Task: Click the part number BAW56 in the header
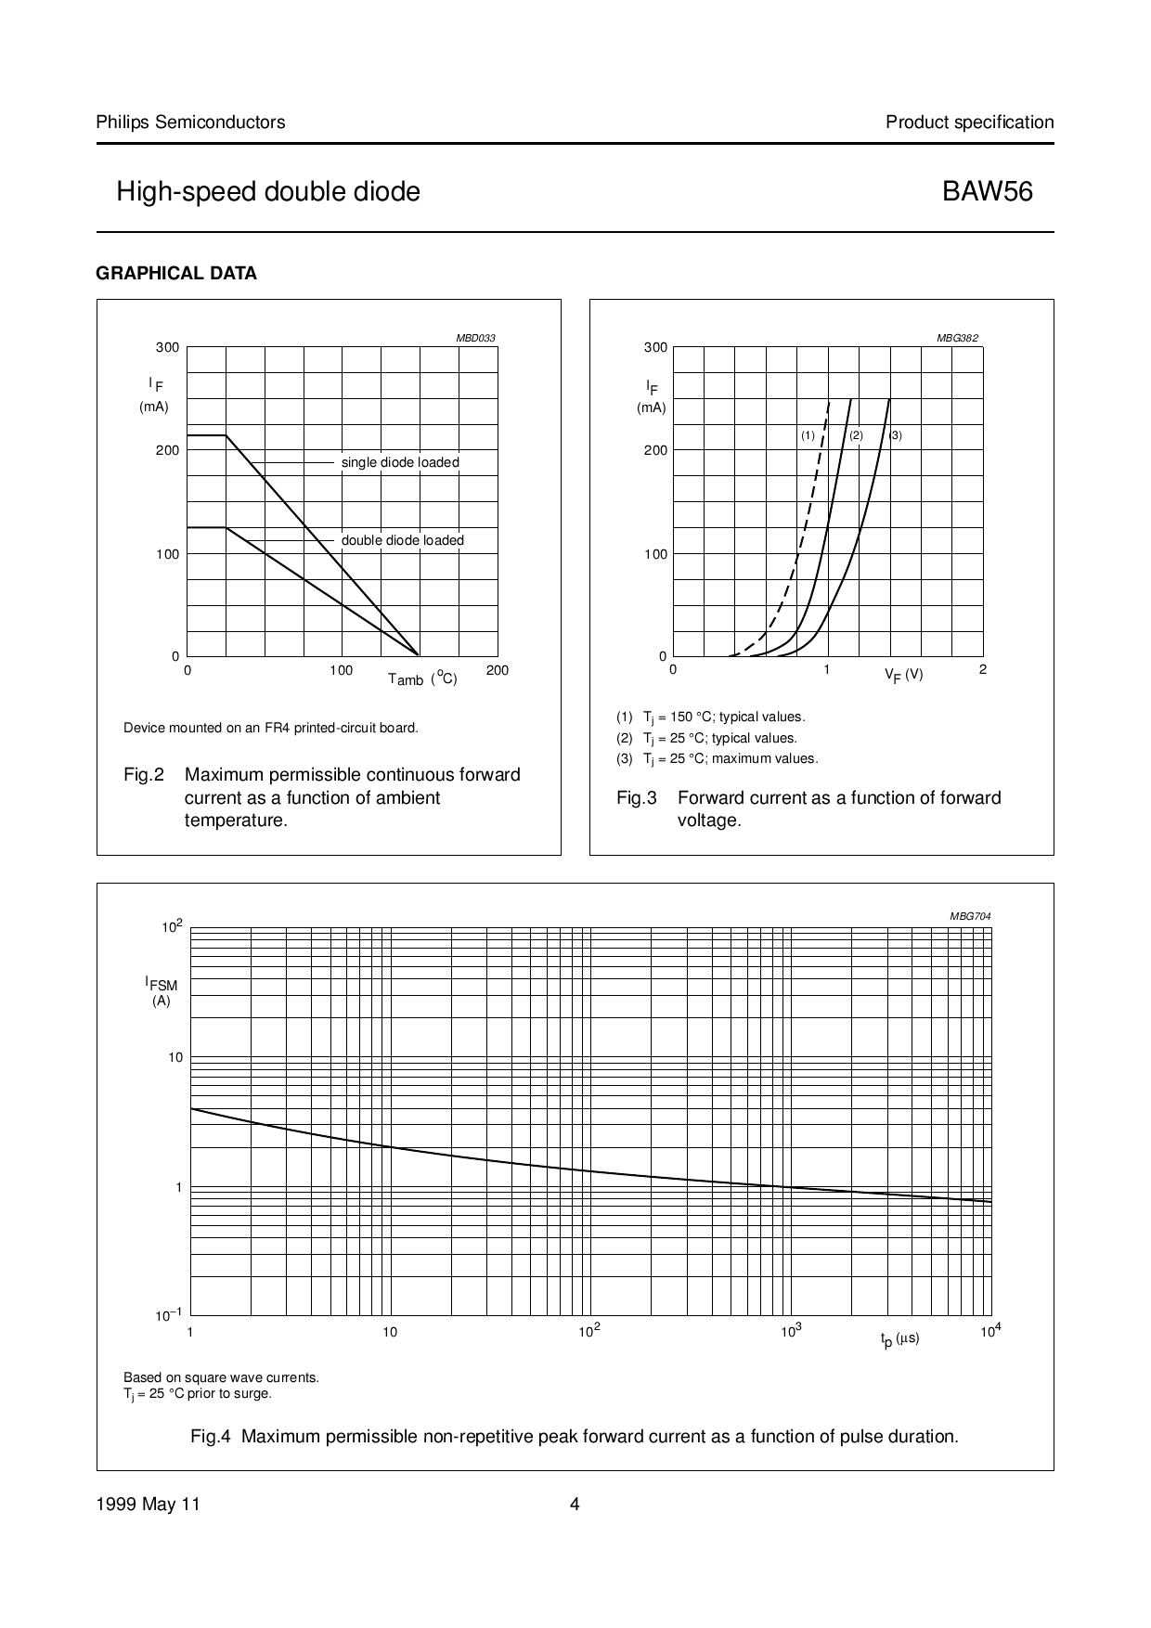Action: click(988, 191)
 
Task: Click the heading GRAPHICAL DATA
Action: click(176, 274)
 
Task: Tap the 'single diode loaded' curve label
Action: click(400, 462)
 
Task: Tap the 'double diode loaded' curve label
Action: click(402, 540)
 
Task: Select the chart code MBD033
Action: click(475, 338)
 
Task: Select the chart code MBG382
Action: click(957, 338)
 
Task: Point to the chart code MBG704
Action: click(970, 916)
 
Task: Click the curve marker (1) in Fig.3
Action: click(808, 435)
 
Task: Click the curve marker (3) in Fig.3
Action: click(896, 435)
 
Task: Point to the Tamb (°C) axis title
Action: click(422, 678)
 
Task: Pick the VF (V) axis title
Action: click(903, 675)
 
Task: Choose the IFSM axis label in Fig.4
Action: click(161, 984)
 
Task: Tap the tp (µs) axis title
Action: click(899, 1338)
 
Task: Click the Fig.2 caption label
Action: click(144, 775)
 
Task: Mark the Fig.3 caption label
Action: click(637, 798)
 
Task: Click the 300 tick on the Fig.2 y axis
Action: click(167, 347)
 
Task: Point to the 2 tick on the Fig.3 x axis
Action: click(983, 669)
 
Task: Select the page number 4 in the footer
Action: click(575, 1505)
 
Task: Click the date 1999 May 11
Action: click(149, 1505)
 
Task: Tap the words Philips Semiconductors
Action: click(190, 122)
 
